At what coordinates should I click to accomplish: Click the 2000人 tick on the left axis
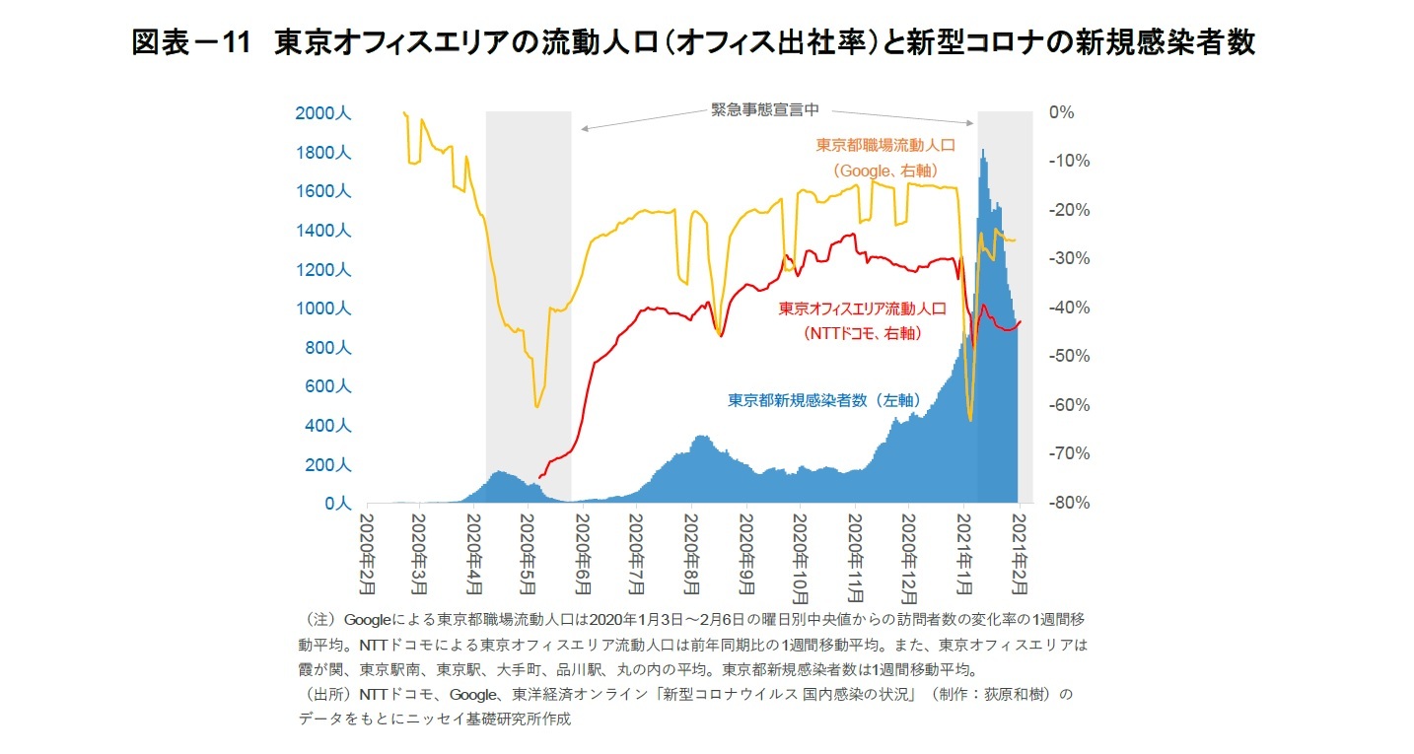point(322,113)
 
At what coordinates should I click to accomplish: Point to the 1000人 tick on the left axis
point(322,308)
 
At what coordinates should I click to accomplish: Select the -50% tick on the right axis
point(1068,355)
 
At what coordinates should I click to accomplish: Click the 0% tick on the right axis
point(1061,112)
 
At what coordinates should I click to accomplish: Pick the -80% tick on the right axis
point(1068,502)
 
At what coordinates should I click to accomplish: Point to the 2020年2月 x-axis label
point(367,552)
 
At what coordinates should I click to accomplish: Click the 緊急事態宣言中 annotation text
point(765,109)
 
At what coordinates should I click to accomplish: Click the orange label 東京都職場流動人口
point(885,145)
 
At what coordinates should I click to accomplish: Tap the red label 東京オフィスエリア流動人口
point(862,308)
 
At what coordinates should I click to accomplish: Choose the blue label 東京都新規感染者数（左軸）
point(823,400)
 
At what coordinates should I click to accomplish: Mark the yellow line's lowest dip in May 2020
point(536,406)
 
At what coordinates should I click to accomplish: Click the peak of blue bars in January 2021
point(982,151)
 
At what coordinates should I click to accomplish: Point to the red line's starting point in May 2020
point(538,478)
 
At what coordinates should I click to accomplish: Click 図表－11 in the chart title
point(187,43)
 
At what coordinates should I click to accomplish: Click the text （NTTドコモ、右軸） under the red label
point(863,333)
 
